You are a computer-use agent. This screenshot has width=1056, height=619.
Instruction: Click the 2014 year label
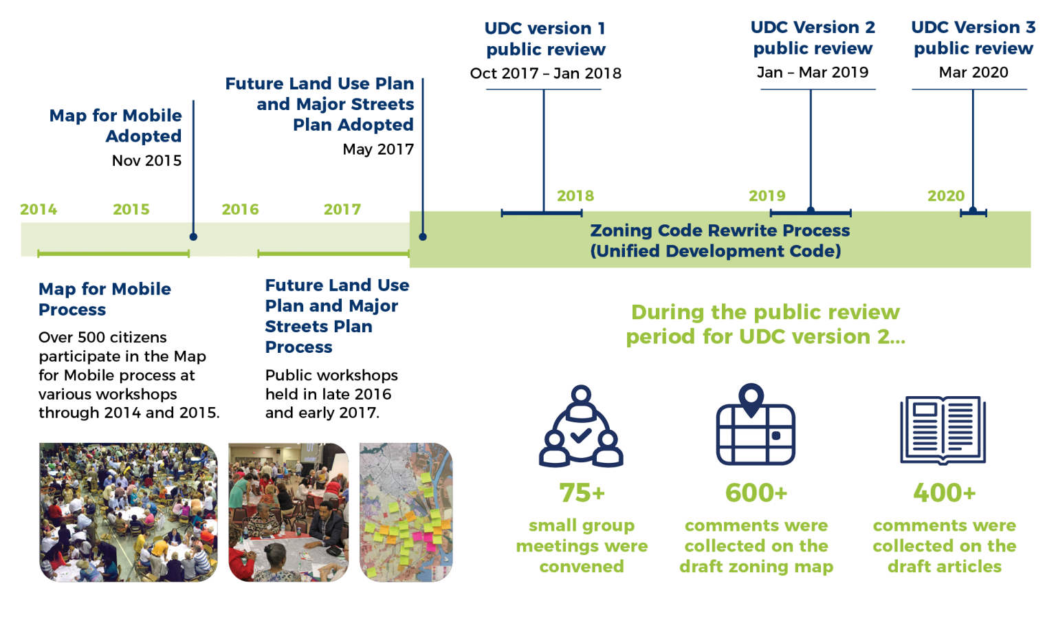coord(38,210)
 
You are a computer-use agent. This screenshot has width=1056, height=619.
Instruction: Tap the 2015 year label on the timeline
coord(131,210)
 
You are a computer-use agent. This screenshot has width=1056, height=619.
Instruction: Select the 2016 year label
coord(240,210)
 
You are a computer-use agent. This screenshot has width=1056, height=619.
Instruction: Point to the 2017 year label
coord(342,210)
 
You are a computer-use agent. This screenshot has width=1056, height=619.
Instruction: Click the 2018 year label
coord(575,196)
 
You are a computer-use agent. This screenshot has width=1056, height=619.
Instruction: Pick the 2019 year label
coord(767,196)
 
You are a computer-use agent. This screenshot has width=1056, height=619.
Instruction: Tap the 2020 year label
coord(946,196)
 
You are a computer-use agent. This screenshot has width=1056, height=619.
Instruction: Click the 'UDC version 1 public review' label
coord(545,39)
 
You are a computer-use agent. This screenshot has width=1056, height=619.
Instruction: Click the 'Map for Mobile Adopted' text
coord(115,126)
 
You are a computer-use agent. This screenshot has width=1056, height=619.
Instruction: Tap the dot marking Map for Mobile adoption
coord(193,237)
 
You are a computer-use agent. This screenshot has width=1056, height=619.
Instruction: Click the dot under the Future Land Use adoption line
coord(423,237)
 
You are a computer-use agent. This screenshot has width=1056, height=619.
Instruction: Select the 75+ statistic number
coord(582,493)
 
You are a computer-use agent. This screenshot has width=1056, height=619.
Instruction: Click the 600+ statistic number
coord(756,493)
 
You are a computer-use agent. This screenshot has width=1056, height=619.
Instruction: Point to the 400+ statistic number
coord(944,493)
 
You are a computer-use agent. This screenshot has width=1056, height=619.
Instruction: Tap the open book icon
coord(943,430)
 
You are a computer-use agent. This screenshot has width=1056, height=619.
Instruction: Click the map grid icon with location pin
coord(756,426)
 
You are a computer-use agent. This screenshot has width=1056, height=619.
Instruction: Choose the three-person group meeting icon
coord(582,428)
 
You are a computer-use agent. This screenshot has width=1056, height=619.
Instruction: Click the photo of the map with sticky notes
coord(406,512)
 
